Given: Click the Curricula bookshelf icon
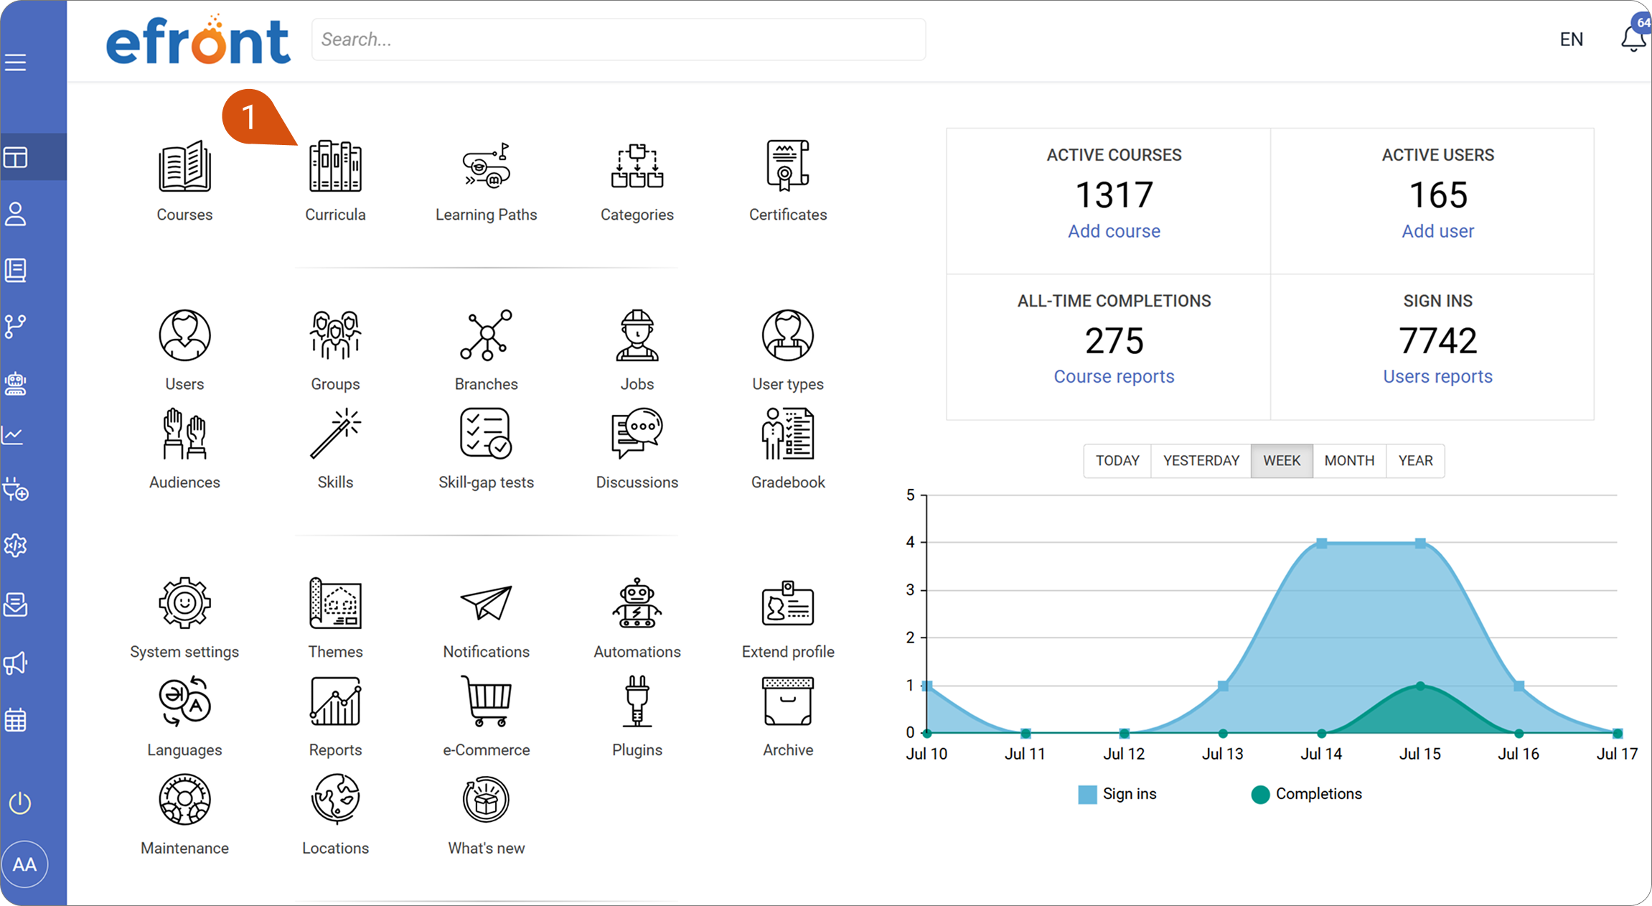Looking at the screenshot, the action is point(335,166).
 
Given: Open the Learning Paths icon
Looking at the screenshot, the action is point(486,166).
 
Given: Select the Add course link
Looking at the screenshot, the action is point(1114,231).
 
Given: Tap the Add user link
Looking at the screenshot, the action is point(1437,231).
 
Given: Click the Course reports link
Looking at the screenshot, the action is point(1114,376).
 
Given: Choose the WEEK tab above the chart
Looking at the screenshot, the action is point(1282,460).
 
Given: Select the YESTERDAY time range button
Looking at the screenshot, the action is point(1201,460).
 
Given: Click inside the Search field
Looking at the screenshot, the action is point(619,39).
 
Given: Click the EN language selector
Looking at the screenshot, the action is point(1571,39).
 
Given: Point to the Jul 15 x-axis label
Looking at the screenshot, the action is point(1419,754).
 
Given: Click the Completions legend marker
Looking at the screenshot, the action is point(1260,794).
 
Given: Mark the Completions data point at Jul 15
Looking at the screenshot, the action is point(1420,686).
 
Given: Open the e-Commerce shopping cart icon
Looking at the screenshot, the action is point(486,701).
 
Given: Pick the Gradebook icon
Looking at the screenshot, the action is point(787,434).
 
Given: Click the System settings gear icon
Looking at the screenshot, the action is point(184,603).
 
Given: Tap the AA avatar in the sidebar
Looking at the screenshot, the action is point(24,864).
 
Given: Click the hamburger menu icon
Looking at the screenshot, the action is point(15,62).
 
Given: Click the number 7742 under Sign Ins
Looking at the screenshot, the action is point(1437,340).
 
